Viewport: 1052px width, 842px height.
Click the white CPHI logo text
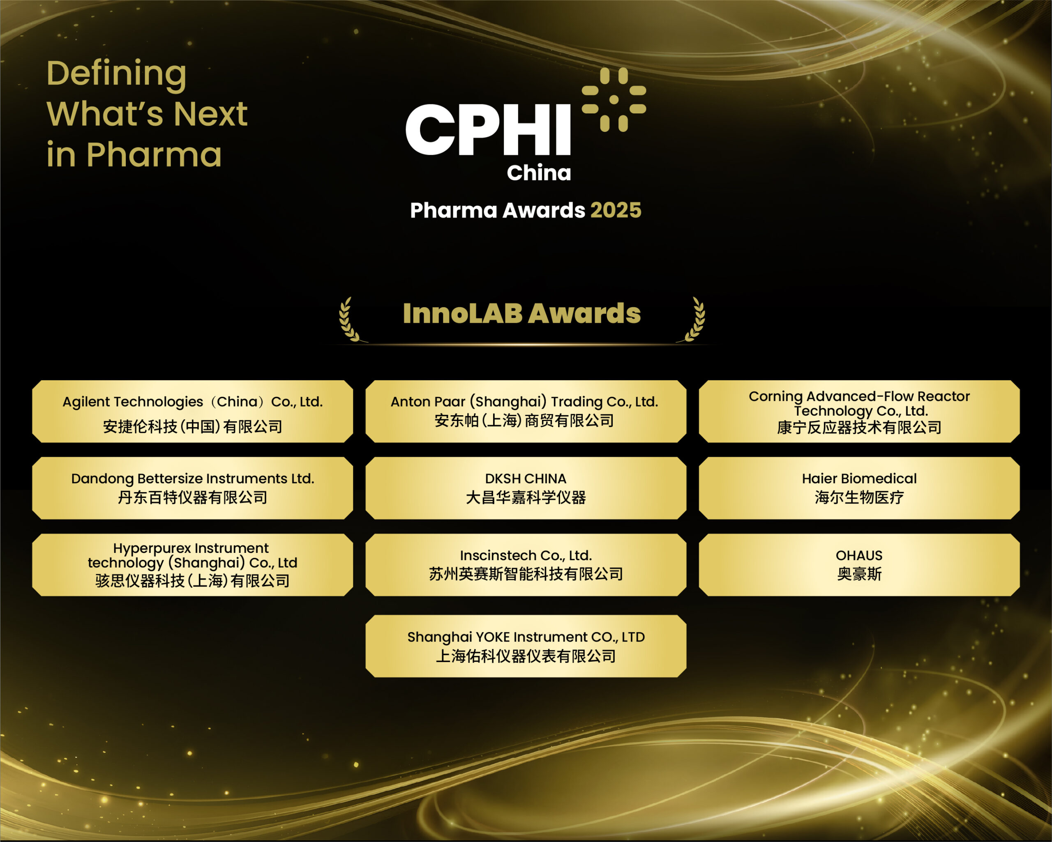pyautogui.click(x=488, y=129)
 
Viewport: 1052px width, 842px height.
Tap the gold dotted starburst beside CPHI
pyautogui.click(x=614, y=99)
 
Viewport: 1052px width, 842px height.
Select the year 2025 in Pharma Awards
pyautogui.click(x=616, y=210)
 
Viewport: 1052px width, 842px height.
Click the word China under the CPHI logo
pyautogui.click(x=539, y=173)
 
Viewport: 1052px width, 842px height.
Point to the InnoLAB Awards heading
pyautogui.click(x=521, y=313)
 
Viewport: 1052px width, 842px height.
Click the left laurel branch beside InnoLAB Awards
pyautogui.click(x=348, y=320)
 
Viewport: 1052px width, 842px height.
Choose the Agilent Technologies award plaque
pyautogui.click(x=192, y=411)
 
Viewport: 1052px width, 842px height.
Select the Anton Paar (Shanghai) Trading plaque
pyautogui.click(x=526, y=411)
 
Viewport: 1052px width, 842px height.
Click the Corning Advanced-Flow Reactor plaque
pyautogui.click(x=859, y=411)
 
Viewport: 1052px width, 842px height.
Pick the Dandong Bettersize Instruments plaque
pyautogui.click(x=192, y=488)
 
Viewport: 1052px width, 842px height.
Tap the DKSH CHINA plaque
pyautogui.click(x=526, y=488)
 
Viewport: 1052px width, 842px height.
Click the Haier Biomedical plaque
pyautogui.click(x=859, y=488)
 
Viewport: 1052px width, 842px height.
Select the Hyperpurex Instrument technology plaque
pyautogui.click(x=192, y=564)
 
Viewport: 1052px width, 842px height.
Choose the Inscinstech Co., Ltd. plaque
pyautogui.click(x=526, y=564)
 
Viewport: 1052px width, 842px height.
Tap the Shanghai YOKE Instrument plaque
pyautogui.click(x=526, y=646)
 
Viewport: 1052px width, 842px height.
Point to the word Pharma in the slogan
pyautogui.click(x=154, y=155)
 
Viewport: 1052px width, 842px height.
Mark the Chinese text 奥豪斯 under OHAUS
pyautogui.click(x=859, y=574)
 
